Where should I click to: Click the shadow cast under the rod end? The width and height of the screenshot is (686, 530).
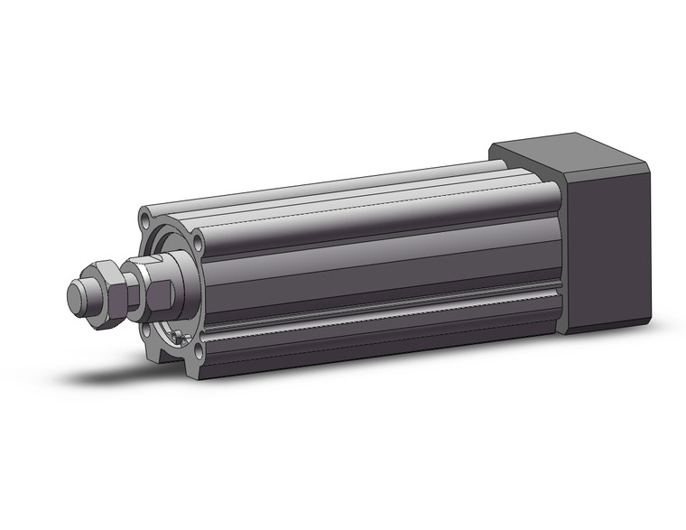point(117,373)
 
